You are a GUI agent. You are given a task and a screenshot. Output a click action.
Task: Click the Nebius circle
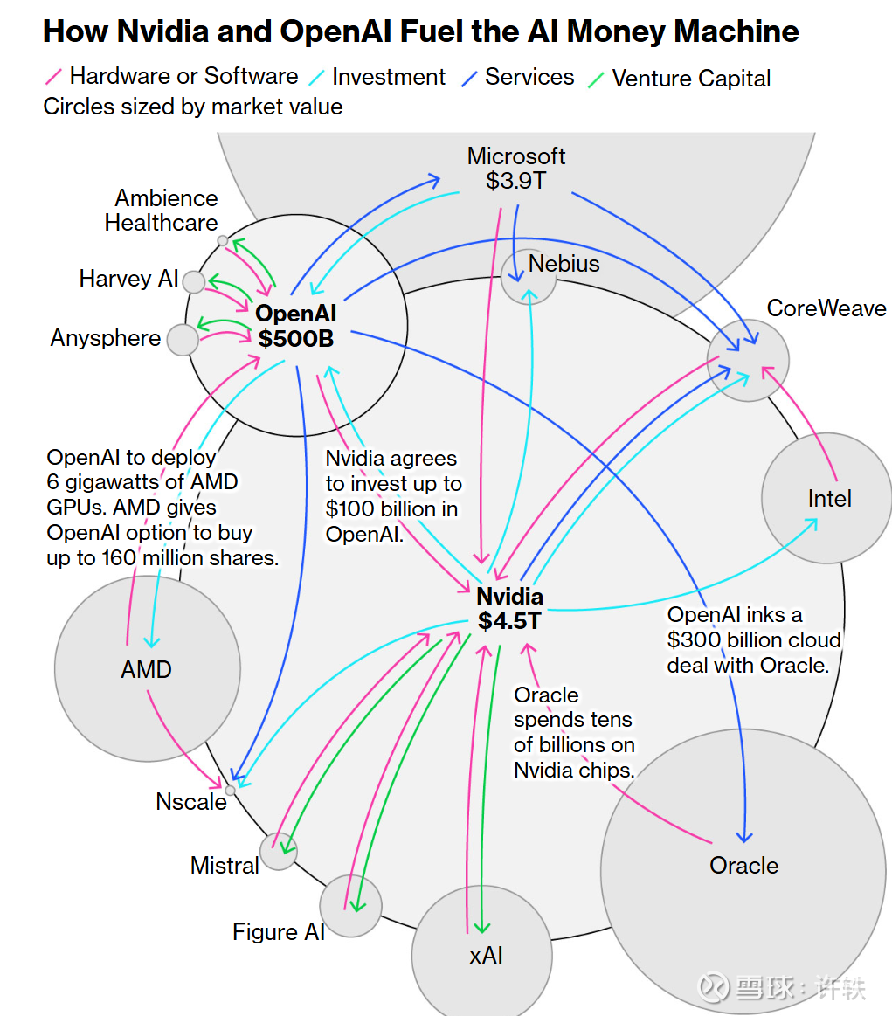point(529,278)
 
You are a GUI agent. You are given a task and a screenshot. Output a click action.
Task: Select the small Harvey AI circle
point(194,281)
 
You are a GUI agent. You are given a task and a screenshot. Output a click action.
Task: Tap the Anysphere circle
point(183,339)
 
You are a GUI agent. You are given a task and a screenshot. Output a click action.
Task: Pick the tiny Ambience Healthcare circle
point(223,240)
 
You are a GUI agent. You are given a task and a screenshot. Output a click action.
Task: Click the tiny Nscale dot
point(231,790)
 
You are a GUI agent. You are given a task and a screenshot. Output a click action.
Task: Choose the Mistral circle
point(280,851)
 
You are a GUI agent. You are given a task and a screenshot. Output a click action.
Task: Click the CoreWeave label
point(826,308)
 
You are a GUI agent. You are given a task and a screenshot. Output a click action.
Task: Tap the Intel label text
point(829,499)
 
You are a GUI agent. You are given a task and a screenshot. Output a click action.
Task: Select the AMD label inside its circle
point(147,670)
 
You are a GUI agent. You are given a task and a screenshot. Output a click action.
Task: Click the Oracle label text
point(743,866)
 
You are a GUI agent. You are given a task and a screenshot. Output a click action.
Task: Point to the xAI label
point(486,956)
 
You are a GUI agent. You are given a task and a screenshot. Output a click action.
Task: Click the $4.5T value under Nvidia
point(509,621)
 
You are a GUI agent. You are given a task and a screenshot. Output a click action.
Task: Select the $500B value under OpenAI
point(296,338)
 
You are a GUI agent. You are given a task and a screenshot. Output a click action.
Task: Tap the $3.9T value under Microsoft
point(515,181)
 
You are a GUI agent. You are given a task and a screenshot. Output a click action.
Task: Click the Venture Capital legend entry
point(691,79)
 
